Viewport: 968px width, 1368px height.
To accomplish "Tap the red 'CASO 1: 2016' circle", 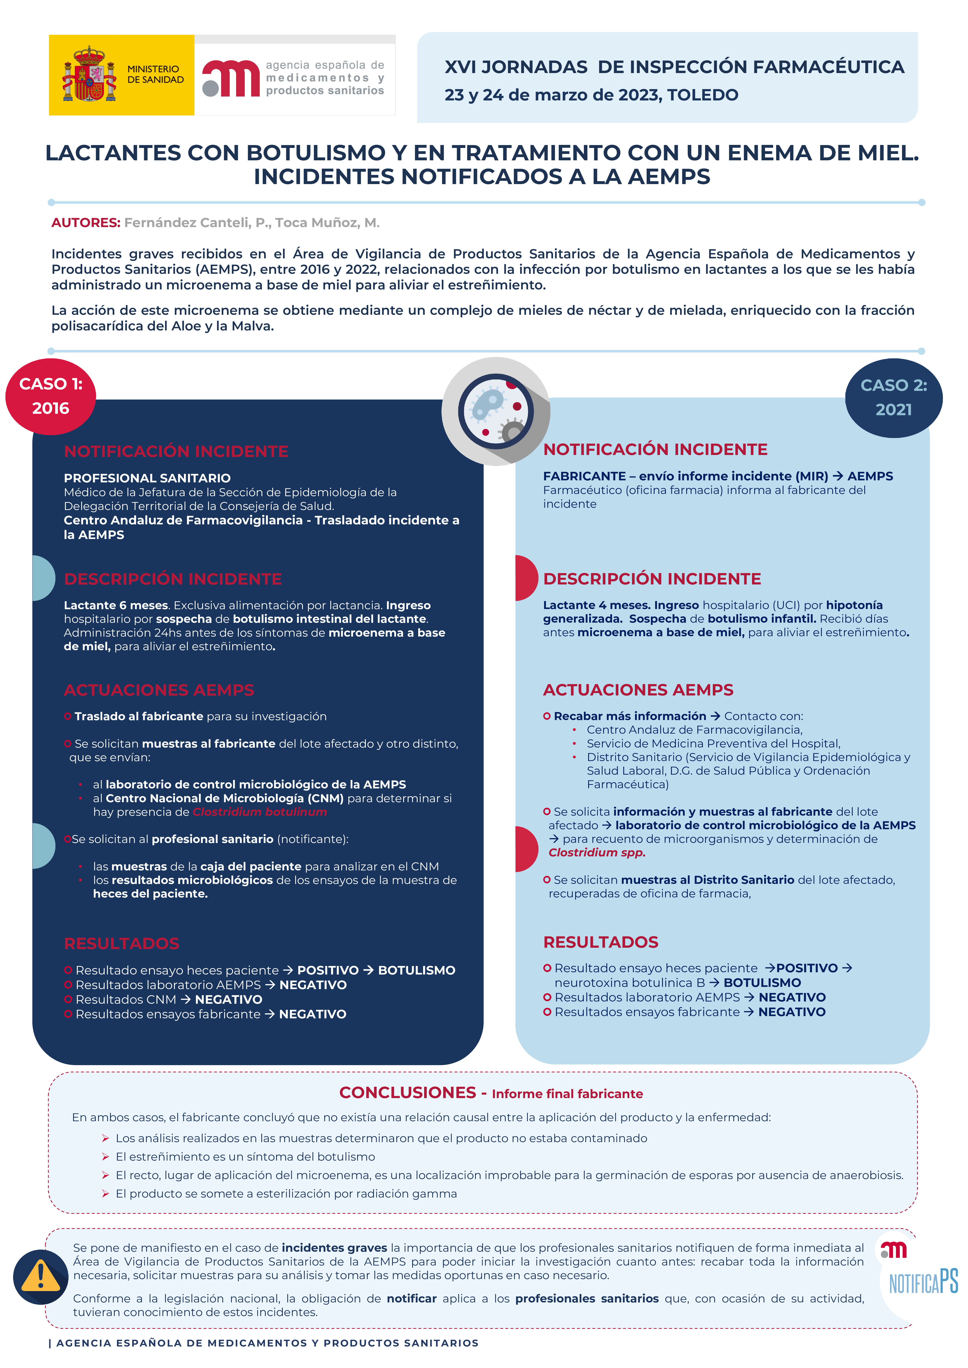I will coord(51,396).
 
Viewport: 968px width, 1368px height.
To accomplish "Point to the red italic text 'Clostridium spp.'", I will coord(597,853).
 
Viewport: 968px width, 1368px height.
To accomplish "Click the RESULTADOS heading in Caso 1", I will coord(122,944).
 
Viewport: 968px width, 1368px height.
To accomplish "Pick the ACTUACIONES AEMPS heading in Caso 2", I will coord(638,690).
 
